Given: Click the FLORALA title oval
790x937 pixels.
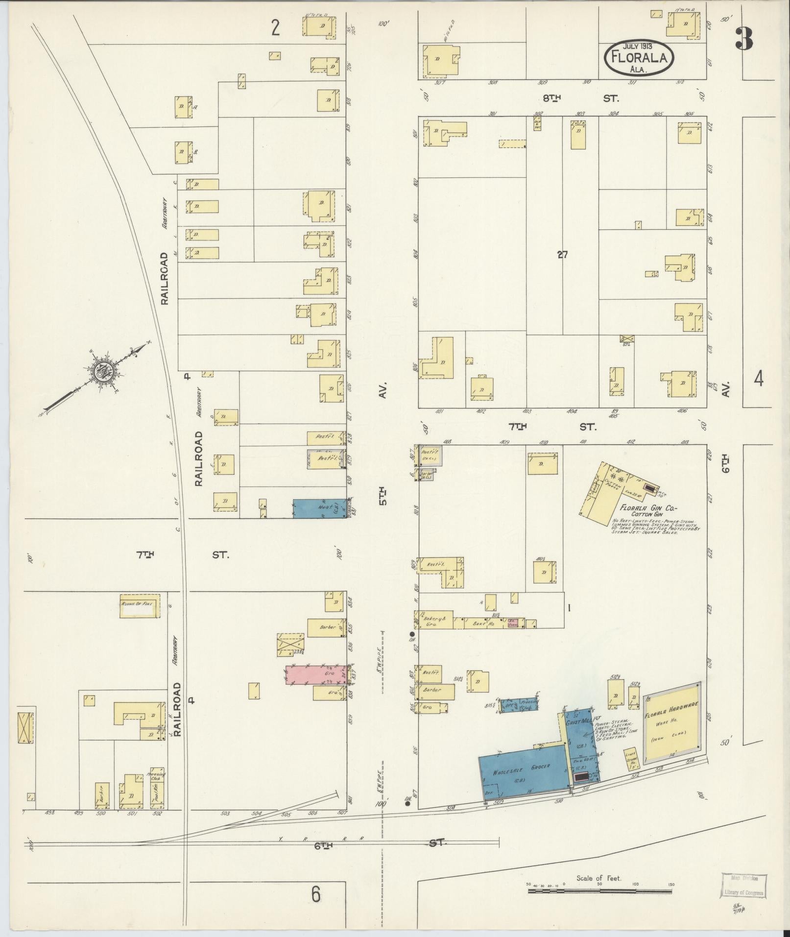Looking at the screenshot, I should pos(639,58).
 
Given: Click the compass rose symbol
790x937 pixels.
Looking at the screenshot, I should pos(104,372).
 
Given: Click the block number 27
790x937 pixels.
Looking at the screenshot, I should pos(562,254).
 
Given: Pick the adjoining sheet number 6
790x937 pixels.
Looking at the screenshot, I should pos(316,894).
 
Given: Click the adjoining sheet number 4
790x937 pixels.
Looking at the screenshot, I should pos(758,379).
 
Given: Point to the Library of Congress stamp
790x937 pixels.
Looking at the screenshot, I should pos(744,885).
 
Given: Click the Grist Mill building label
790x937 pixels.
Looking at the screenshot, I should pos(580,721).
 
